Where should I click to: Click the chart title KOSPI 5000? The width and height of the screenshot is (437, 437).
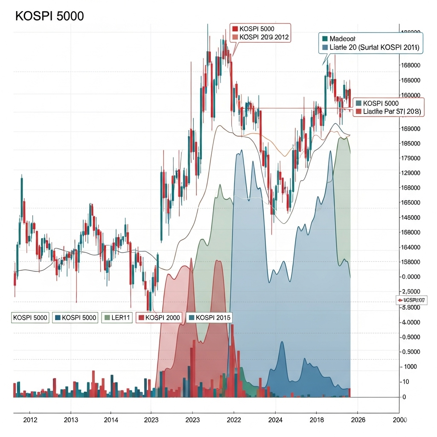[50, 16]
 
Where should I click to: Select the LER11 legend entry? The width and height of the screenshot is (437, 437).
[118, 318]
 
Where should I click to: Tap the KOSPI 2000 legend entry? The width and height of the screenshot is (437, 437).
[159, 318]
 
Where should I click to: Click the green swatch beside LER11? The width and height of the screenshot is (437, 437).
[107, 318]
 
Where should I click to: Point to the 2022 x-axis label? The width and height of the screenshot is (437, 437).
[233, 420]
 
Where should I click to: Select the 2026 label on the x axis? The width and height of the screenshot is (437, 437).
[358, 420]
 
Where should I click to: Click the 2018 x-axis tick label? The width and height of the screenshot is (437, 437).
[316, 420]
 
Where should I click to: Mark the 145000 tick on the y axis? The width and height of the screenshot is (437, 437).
[411, 218]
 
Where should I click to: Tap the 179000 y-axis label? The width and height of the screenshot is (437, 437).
[411, 158]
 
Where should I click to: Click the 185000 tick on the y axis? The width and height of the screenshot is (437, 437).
[411, 143]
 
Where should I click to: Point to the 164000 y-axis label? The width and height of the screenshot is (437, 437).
[411, 247]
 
